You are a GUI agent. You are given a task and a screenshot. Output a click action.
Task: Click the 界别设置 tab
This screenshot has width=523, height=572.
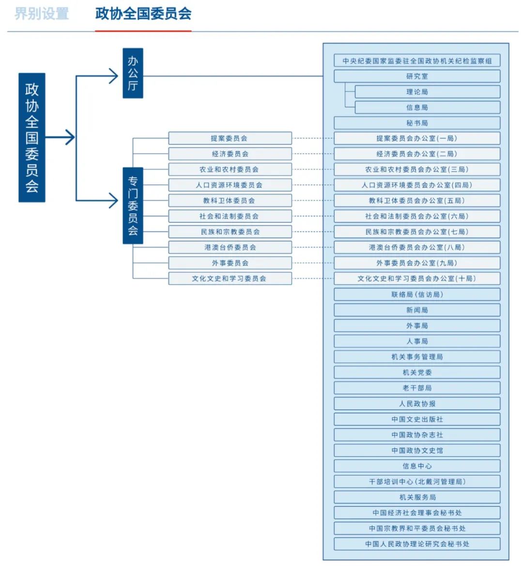coord(42,14)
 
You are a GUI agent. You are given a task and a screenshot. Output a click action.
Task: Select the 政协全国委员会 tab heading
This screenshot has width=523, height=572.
coord(143,14)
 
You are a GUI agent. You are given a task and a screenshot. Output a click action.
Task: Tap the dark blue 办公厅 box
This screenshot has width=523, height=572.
coord(133,73)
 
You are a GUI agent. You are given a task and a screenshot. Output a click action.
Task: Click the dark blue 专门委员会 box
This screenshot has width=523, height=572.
coord(133,206)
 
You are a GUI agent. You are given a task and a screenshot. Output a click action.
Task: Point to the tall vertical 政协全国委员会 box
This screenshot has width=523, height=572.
coord(31,138)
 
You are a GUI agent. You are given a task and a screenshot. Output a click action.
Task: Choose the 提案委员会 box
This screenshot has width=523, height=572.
coord(230,138)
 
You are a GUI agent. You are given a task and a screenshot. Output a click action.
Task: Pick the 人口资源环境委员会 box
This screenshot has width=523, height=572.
coord(230,185)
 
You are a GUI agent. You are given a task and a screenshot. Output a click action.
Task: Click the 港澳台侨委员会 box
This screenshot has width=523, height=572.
coord(230,247)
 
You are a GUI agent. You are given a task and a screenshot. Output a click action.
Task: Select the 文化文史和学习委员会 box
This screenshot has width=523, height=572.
coord(230,278)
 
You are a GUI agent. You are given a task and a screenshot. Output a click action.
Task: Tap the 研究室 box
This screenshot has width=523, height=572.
coord(417,76)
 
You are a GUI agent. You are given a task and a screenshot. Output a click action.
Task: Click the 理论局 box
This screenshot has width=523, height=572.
coord(428,92)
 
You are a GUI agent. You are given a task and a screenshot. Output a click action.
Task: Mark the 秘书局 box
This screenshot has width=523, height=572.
coord(417,123)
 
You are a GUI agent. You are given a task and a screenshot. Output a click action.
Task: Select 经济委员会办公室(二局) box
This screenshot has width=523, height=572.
coord(417,154)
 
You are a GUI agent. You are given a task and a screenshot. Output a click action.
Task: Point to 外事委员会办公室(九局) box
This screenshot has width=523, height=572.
coord(417,263)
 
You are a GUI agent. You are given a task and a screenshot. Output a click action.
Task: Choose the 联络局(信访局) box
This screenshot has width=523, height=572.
coord(417,294)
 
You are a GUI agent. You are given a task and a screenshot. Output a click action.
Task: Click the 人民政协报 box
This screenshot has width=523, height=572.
coord(417,403)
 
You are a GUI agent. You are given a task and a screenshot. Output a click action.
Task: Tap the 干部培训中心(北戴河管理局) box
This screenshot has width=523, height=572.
coord(417,481)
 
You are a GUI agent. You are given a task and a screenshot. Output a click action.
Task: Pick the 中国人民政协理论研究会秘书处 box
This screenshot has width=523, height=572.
coord(417,544)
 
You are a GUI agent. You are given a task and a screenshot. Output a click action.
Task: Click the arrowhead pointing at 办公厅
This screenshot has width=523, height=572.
coord(114,76)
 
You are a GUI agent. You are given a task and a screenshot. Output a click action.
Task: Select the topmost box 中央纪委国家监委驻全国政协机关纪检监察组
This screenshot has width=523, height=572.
coord(417,61)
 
